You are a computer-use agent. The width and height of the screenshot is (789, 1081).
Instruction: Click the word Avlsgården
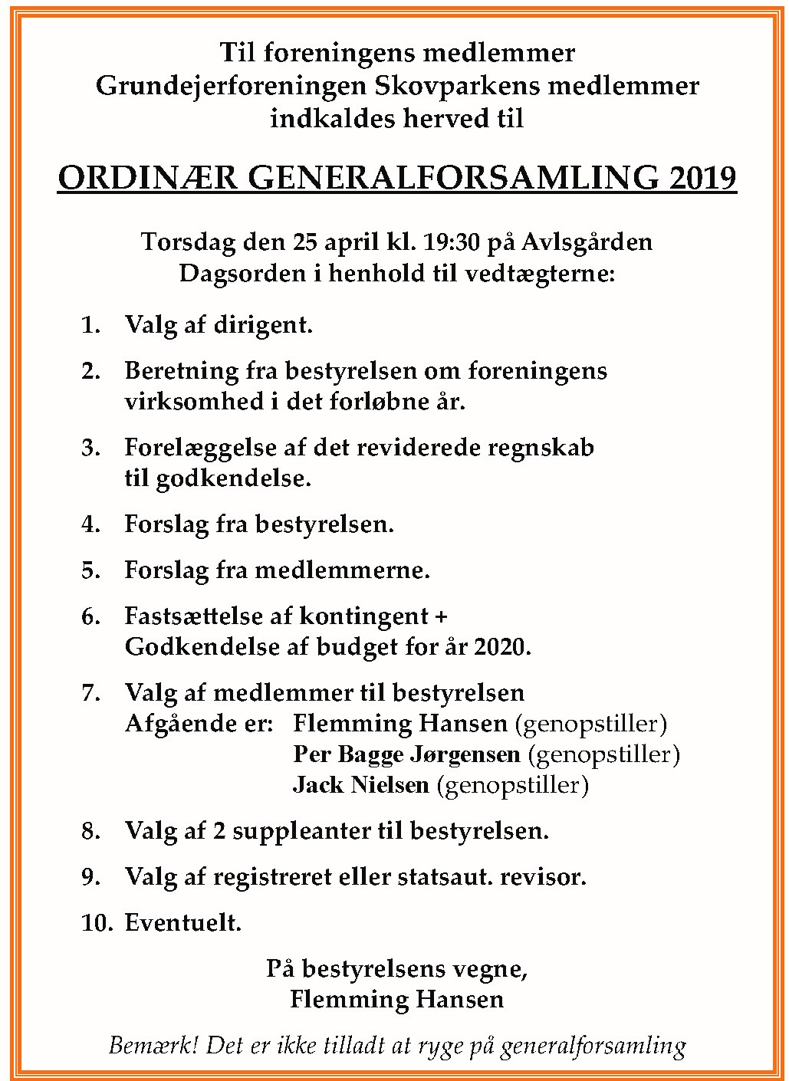click(587, 242)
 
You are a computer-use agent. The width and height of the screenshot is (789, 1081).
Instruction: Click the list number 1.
click(90, 325)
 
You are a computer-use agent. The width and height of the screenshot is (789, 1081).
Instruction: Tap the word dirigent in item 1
click(263, 325)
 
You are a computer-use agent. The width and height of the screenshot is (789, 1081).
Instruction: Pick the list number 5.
click(90, 570)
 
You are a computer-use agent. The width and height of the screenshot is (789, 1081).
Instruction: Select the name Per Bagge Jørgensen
click(406, 754)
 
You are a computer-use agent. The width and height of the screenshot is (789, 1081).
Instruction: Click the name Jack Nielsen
click(361, 785)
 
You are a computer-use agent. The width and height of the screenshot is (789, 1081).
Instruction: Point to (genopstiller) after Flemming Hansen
click(590, 724)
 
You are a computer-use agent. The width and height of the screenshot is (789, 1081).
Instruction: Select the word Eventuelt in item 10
click(182, 923)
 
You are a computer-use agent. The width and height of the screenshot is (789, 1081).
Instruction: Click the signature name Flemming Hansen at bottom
click(397, 1000)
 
